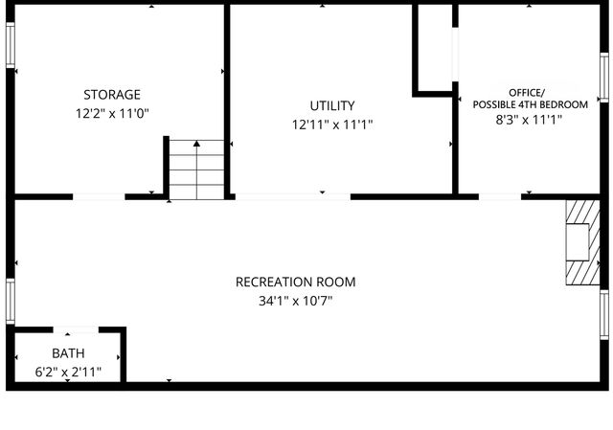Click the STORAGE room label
112,95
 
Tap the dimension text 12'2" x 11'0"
112,113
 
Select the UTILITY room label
332,105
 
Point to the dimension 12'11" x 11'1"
332,124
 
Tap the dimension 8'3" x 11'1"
529,121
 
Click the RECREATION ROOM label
295,282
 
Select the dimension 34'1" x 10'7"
295,301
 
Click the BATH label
68,354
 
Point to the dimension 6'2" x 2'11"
68,372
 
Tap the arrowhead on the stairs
196,144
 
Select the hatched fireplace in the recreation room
579,243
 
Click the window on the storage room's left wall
10,44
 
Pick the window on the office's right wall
603,76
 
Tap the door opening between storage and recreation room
99,196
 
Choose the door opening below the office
499,196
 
